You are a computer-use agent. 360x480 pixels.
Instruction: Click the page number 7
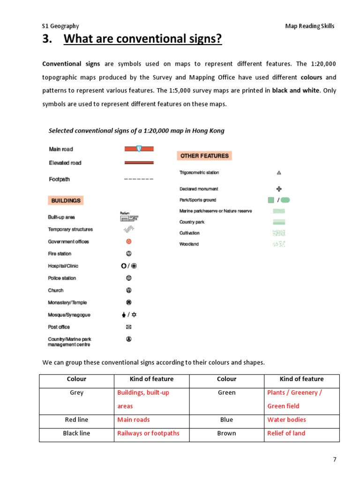(x=335, y=459)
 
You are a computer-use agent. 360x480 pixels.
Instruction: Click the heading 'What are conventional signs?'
(x=142, y=39)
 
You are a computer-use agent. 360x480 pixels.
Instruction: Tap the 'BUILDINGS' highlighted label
(x=66, y=200)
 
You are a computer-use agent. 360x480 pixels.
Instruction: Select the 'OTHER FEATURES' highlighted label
(x=204, y=156)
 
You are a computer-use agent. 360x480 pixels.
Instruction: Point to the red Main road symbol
(x=139, y=149)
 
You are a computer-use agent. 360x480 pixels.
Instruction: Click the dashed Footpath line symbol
(x=139, y=179)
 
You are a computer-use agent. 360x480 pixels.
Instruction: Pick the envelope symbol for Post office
(x=129, y=327)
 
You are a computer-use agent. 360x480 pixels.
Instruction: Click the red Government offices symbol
(x=129, y=241)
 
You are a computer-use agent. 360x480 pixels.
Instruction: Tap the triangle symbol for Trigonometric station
(x=279, y=172)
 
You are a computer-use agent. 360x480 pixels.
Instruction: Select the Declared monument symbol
(x=279, y=189)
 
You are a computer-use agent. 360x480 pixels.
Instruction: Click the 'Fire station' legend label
(x=60, y=254)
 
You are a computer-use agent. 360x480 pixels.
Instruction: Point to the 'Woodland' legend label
(x=189, y=244)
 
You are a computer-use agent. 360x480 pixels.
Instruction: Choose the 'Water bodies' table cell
(x=286, y=420)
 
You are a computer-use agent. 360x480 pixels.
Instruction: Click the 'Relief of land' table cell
(x=286, y=433)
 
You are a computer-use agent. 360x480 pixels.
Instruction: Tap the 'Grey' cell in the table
(x=76, y=393)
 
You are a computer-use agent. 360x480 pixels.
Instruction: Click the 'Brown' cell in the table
(x=226, y=433)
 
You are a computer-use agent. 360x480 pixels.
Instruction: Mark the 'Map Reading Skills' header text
(x=310, y=26)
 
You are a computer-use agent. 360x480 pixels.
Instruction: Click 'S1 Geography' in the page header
(x=60, y=26)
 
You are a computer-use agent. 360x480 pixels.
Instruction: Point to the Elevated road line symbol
(x=139, y=163)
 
